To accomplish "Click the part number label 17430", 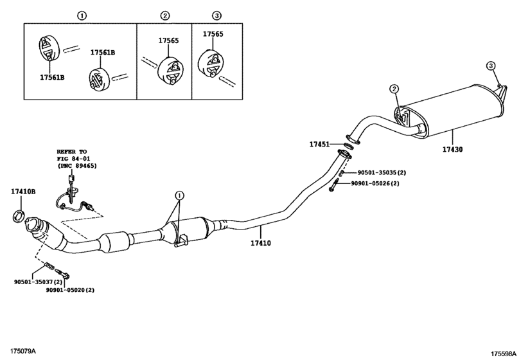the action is point(452,150).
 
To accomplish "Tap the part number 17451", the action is point(319,144).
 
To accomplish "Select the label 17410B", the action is point(23,192).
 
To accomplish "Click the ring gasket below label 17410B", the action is point(19,216).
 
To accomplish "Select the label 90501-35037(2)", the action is point(38,282).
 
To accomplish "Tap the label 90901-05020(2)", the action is point(70,290).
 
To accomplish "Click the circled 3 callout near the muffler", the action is point(491,66).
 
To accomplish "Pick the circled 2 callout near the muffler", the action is point(394,89).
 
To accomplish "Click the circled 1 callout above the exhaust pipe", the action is point(179,195).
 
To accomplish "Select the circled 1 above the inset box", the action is point(82,15).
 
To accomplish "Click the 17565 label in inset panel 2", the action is point(168,40).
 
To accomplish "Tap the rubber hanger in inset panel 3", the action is point(211,64).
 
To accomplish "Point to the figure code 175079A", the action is point(23,351).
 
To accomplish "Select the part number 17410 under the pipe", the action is point(261,244).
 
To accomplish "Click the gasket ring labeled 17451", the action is point(348,146).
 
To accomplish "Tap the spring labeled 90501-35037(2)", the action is point(49,266).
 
